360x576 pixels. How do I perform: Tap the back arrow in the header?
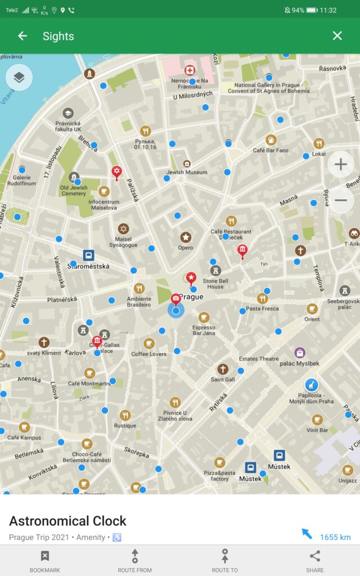pyautogui.click(x=22, y=36)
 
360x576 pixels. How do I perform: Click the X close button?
pyautogui.click(x=337, y=36)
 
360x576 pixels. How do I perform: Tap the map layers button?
pyautogui.click(x=19, y=78)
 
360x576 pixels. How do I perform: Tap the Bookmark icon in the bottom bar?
pyautogui.click(x=45, y=556)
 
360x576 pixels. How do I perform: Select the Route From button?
pyautogui.click(x=135, y=556)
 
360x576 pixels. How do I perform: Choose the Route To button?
pyautogui.click(x=225, y=556)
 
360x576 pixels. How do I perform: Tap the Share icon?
pyautogui.click(x=315, y=556)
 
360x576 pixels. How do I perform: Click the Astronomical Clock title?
pyautogui.click(x=67, y=521)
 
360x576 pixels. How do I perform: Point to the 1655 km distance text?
pyautogui.click(x=335, y=537)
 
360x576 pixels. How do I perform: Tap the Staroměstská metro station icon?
pyautogui.click(x=88, y=255)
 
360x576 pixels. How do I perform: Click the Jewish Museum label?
pyautogui.click(x=187, y=172)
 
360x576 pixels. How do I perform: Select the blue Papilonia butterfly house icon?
pyautogui.click(x=311, y=385)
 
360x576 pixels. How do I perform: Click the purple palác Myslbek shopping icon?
pyautogui.click(x=300, y=353)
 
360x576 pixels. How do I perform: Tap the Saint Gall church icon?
pyautogui.click(x=223, y=369)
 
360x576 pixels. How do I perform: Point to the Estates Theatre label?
pyautogui.click(x=259, y=359)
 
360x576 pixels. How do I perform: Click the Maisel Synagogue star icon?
pyautogui.click(x=123, y=229)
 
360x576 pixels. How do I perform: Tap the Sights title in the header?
pyautogui.click(x=58, y=36)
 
